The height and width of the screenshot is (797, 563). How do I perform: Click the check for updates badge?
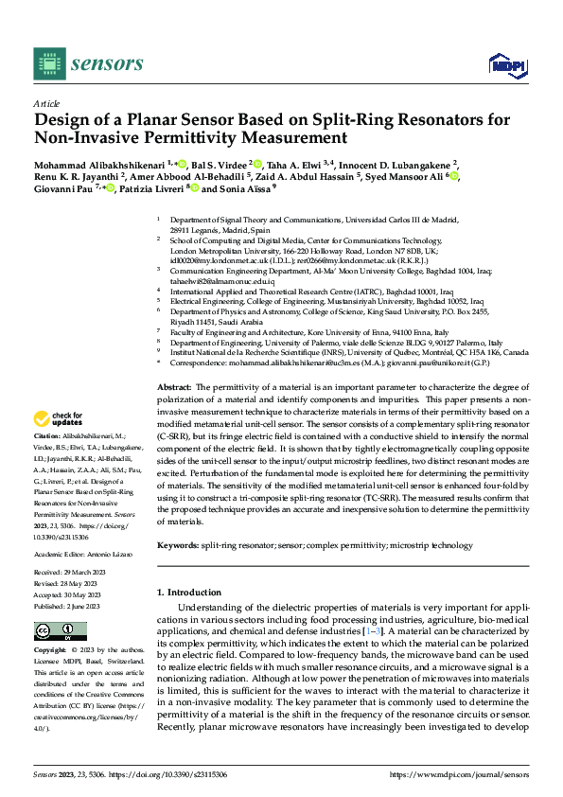pyautogui.click(x=60, y=419)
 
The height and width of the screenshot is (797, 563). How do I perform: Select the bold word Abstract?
pyautogui.click(x=174, y=388)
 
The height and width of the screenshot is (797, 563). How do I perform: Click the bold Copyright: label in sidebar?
pyautogui.click(x=50, y=651)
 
